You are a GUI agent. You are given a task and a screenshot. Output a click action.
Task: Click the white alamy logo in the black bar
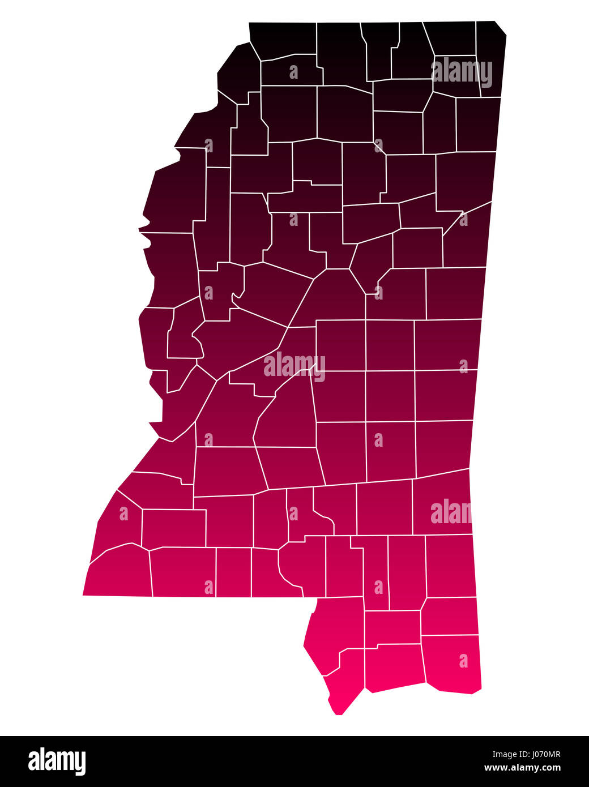57,761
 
